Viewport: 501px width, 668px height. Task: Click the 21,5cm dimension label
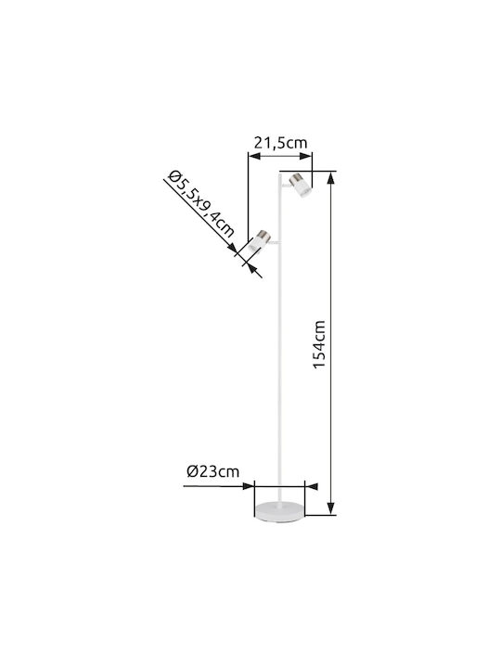coord(280,143)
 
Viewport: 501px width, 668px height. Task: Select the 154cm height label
coord(319,344)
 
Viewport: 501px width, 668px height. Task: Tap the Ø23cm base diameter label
coord(213,471)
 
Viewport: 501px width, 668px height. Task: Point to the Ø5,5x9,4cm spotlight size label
coord(200,204)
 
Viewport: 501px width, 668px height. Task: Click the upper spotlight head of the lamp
coord(301,186)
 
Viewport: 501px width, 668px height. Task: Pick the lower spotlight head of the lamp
coord(259,240)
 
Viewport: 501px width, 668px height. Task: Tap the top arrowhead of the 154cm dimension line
coord(331,178)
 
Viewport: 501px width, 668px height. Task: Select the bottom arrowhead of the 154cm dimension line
coord(331,507)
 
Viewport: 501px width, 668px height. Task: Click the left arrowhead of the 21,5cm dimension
coord(254,156)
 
